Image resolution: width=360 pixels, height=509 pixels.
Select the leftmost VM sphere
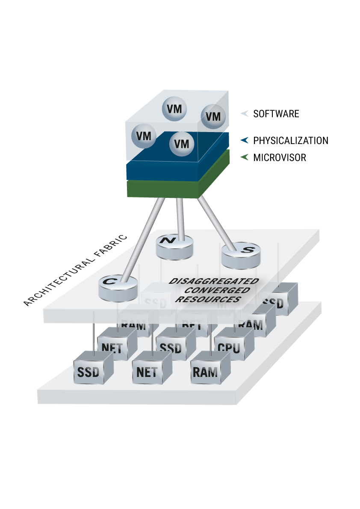(144, 135)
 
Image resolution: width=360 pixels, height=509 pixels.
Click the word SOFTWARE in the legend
(276, 114)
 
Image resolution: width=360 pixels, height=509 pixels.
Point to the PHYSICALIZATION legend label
(291, 141)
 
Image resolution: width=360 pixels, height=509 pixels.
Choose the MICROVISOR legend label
(280, 158)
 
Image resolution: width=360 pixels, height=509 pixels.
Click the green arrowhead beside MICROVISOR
(245, 157)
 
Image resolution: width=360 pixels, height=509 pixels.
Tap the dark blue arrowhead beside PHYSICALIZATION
(245, 140)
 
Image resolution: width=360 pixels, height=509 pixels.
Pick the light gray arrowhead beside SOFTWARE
(245, 114)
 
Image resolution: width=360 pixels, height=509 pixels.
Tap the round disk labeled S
(239, 255)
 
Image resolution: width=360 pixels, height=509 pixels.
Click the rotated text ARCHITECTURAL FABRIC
(76, 270)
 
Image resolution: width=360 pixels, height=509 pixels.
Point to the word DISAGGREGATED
(214, 281)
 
